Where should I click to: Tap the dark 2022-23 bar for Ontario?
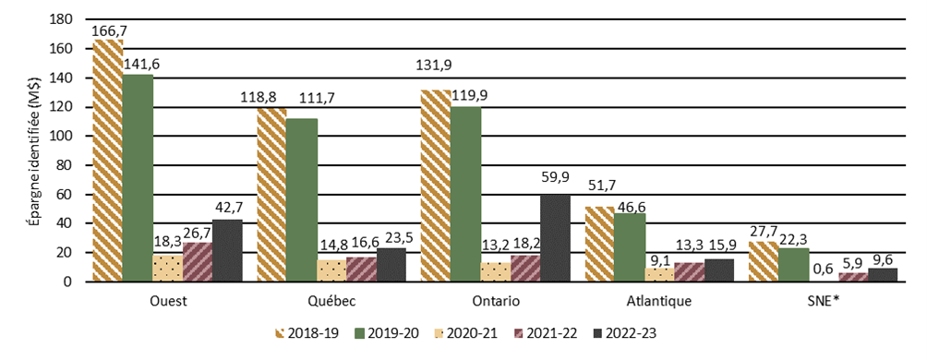tap(556, 237)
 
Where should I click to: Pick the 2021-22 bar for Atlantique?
tap(690, 271)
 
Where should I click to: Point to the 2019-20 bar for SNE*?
tap(793, 264)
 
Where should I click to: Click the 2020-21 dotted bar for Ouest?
tap(167, 268)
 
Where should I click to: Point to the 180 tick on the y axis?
tap(61, 18)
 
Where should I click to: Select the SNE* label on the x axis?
tap(824, 301)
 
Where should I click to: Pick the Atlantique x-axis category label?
tap(659, 301)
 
